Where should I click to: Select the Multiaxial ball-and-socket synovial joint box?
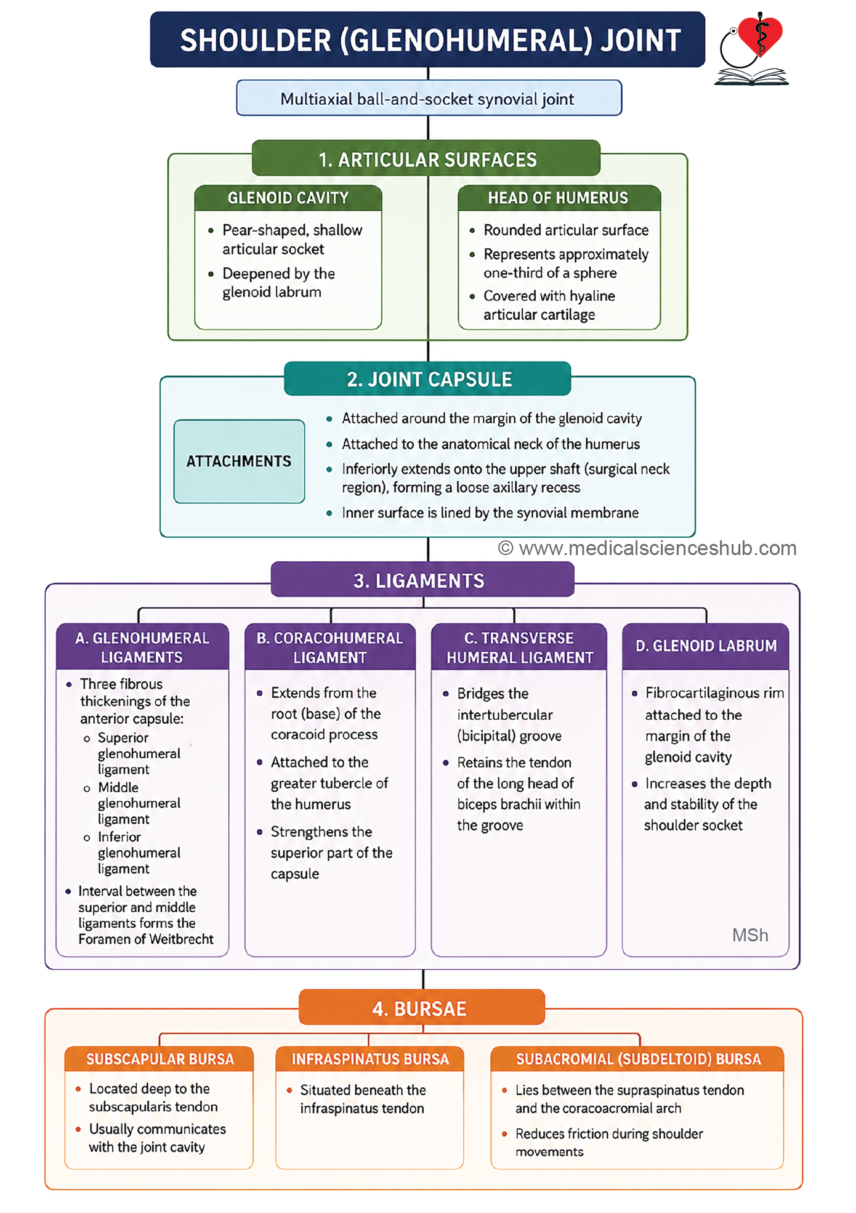[429, 98]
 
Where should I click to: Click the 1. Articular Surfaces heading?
[426, 159]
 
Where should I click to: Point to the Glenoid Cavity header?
[288, 198]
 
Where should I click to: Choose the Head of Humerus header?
[559, 198]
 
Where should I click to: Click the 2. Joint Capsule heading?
[428, 379]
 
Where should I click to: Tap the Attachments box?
[239, 461]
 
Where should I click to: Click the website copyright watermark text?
[647, 548]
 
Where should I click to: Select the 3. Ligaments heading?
[422, 580]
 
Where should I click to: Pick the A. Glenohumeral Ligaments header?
[142, 647]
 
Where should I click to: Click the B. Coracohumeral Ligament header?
[330, 647]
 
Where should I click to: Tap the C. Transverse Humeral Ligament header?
[519, 647]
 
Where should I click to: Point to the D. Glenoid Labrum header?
[706, 646]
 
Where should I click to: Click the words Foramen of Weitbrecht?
[146, 939]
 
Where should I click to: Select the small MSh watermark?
[750, 935]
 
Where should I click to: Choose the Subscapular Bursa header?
[159, 1059]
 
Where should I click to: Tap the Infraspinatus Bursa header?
[369, 1059]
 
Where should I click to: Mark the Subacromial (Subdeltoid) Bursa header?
[637, 1059]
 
